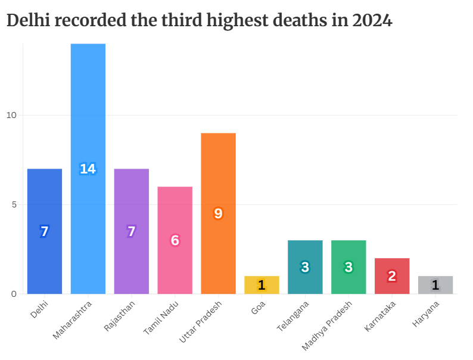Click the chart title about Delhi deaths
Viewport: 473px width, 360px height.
199,21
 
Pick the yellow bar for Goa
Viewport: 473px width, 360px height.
262,285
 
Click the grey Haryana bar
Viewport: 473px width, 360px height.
435,285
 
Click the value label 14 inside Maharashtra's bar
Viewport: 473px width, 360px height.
88,169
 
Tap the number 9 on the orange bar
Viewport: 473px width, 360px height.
218,213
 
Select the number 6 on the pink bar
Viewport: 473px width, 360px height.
175,240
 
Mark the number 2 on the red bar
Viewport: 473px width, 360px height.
391,276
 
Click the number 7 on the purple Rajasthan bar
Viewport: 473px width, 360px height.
131,231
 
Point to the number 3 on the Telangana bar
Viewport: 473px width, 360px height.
305,267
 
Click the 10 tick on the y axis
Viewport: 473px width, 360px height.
11,115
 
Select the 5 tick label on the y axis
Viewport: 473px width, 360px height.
14,204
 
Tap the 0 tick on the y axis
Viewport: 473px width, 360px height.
14,294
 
